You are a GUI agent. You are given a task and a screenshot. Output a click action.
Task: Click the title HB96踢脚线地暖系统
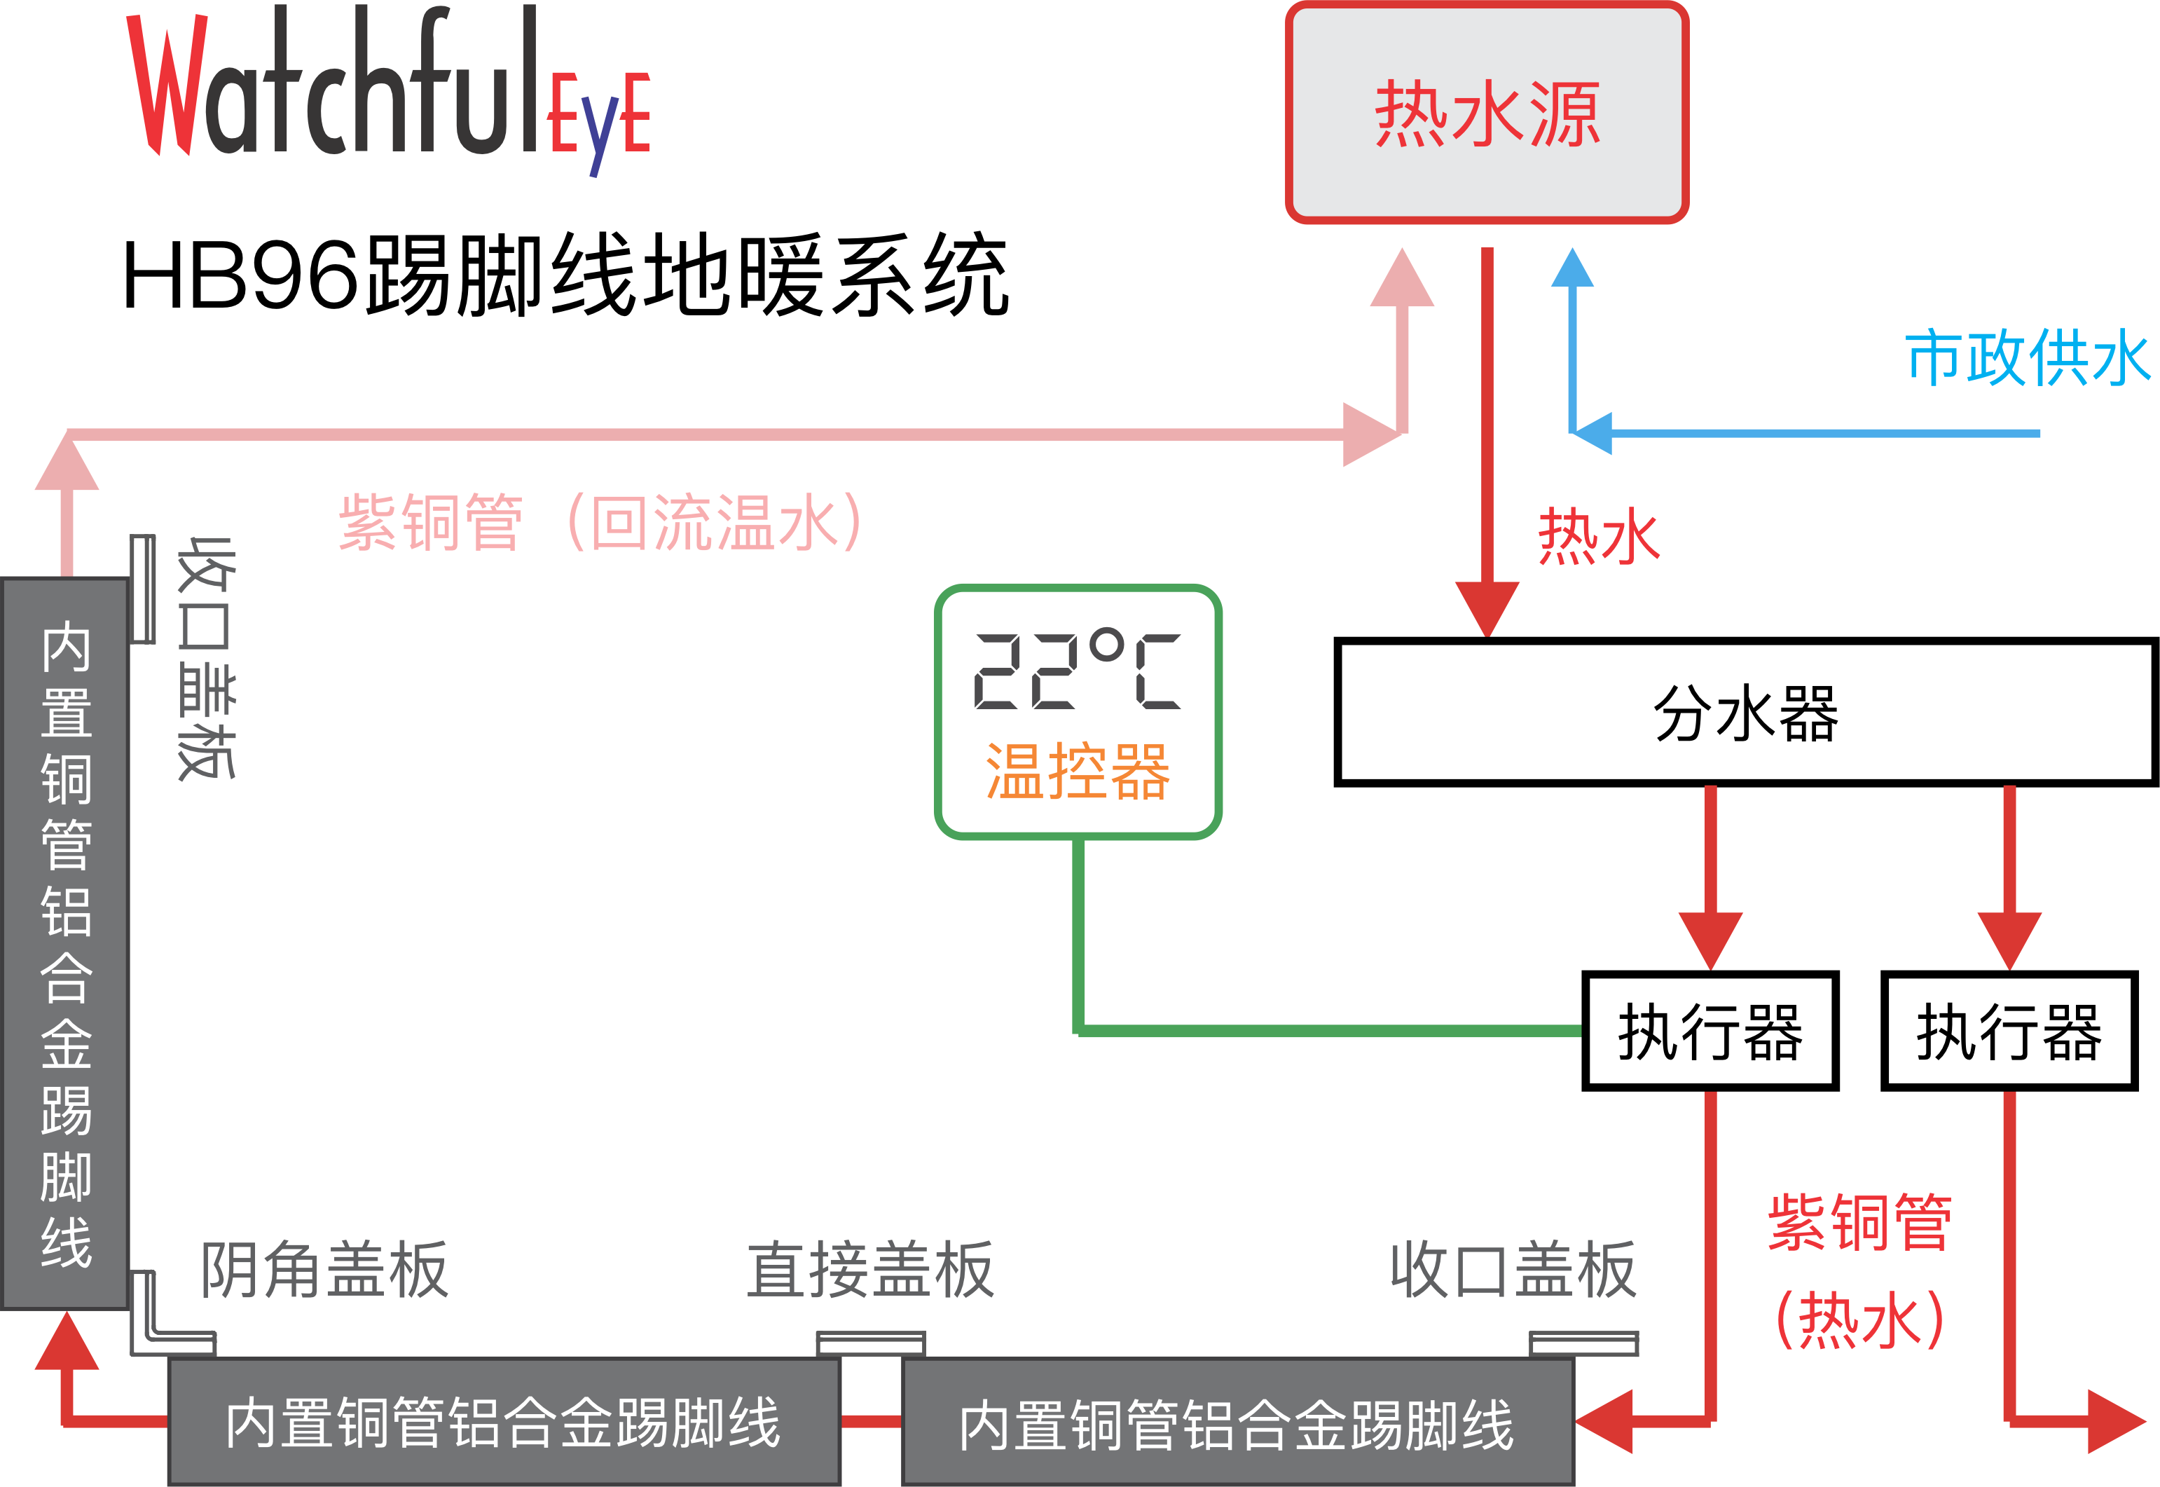(565, 275)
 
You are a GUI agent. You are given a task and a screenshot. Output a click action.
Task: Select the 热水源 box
(1487, 113)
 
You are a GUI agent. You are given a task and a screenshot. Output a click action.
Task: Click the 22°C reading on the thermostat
(1077, 671)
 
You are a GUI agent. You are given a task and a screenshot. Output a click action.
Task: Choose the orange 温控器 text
(1078, 772)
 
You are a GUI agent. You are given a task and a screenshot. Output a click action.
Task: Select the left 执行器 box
(1710, 1031)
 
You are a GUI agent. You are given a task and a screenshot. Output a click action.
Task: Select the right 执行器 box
(2009, 1031)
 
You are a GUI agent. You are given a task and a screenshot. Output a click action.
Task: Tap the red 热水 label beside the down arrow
(1598, 537)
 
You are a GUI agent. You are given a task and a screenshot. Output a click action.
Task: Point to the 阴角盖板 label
(325, 1269)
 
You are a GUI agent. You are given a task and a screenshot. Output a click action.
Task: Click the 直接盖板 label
(870, 1269)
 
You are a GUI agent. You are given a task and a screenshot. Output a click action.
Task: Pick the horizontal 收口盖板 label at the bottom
(1513, 1269)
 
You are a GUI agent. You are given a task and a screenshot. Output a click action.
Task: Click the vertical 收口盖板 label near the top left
(206, 658)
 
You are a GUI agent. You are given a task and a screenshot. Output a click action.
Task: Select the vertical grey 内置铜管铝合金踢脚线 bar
(65, 944)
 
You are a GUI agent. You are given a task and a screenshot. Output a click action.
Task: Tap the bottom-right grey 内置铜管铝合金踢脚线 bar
(1238, 1422)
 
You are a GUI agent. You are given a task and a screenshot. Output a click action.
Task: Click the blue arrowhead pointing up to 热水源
(1572, 268)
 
